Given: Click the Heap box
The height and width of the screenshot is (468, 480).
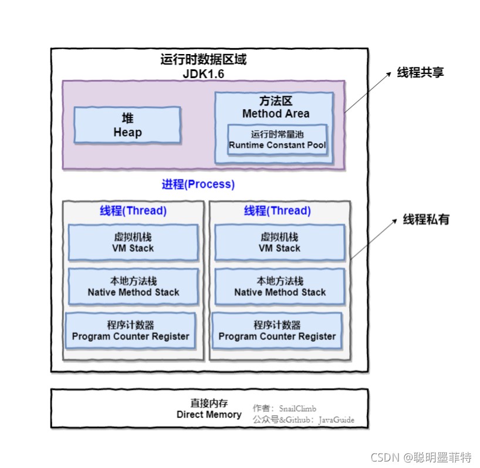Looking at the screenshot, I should pos(127,126).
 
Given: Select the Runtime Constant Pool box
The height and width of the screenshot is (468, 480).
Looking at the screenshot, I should pos(278,140).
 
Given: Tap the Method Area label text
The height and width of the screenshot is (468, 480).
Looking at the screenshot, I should pos(276,113).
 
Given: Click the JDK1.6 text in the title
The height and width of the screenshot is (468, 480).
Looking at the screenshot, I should pos(204,74).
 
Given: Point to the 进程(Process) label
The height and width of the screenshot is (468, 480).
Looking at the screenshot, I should pos(198,184).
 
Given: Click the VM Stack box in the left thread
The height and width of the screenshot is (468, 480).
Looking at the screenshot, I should pos(133,243).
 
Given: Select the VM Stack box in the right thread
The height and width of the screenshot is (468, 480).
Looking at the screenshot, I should pos(279,243).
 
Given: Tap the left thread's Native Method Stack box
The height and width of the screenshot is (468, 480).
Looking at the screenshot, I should pos(133,287).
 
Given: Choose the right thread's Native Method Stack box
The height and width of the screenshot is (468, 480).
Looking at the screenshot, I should pos(279,287).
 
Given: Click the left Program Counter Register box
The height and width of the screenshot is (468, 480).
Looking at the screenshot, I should pos(130,331).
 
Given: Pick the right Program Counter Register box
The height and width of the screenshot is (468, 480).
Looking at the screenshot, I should pos(277,331).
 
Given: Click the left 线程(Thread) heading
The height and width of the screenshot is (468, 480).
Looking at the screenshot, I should pos(133,211).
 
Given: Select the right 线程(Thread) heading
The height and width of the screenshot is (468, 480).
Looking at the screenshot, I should pos(278,211).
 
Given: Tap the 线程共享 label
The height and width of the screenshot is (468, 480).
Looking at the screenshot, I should pos(421,72).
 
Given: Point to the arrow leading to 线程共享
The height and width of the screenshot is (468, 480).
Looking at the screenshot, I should pos(368,92).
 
